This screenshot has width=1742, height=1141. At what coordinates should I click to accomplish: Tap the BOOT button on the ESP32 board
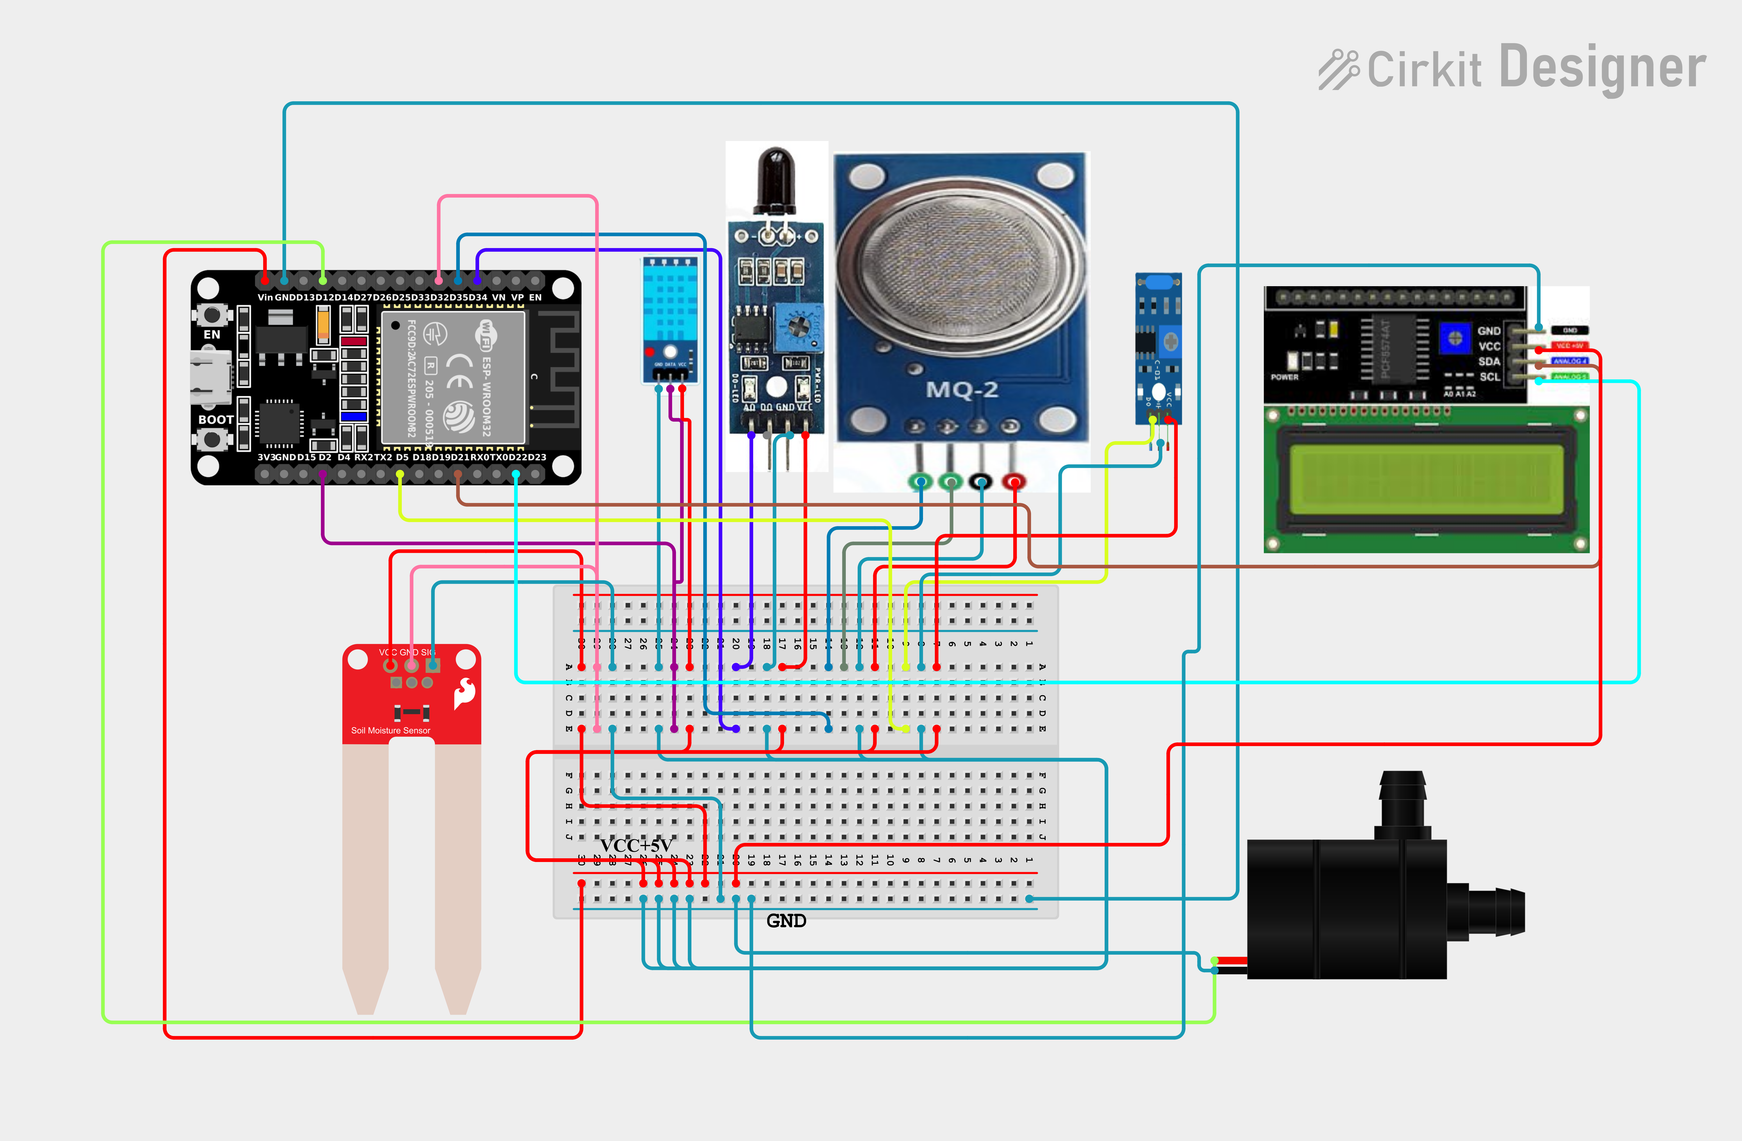(x=212, y=439)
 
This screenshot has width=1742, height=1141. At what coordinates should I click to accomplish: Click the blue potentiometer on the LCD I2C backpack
(x=1455, y=338)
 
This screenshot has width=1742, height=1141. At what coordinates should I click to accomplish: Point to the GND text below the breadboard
(x=786, y=921)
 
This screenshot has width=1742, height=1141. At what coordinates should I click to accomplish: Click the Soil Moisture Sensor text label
(x=390, y=730)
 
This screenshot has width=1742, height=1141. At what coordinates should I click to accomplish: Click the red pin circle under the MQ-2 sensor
(x=1014, y=481)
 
